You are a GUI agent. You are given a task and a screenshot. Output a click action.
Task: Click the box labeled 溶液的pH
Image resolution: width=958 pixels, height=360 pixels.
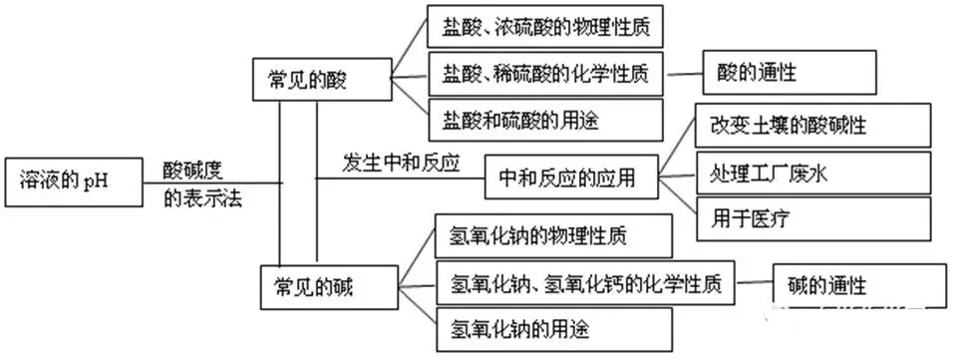coord(69,181)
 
